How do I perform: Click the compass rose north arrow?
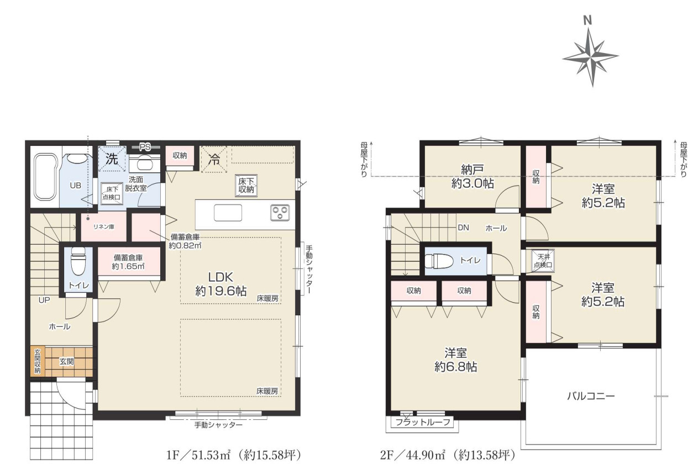click(590, 55)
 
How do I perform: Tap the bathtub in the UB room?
click(46, 177)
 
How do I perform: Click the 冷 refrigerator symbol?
click(214, 160)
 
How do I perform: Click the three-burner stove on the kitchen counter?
click(280, 212)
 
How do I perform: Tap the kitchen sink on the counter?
click(227, 212)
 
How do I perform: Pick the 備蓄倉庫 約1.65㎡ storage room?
click(128, 262)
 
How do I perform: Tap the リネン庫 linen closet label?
click(103, 226)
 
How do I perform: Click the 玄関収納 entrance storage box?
click(37, 362)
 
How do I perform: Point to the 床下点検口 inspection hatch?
click(111, 193)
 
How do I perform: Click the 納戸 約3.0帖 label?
click(472, 176)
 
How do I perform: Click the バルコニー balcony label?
click(591, 396)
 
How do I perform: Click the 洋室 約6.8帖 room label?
click(455, 359)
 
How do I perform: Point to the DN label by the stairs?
click(463, 228)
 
